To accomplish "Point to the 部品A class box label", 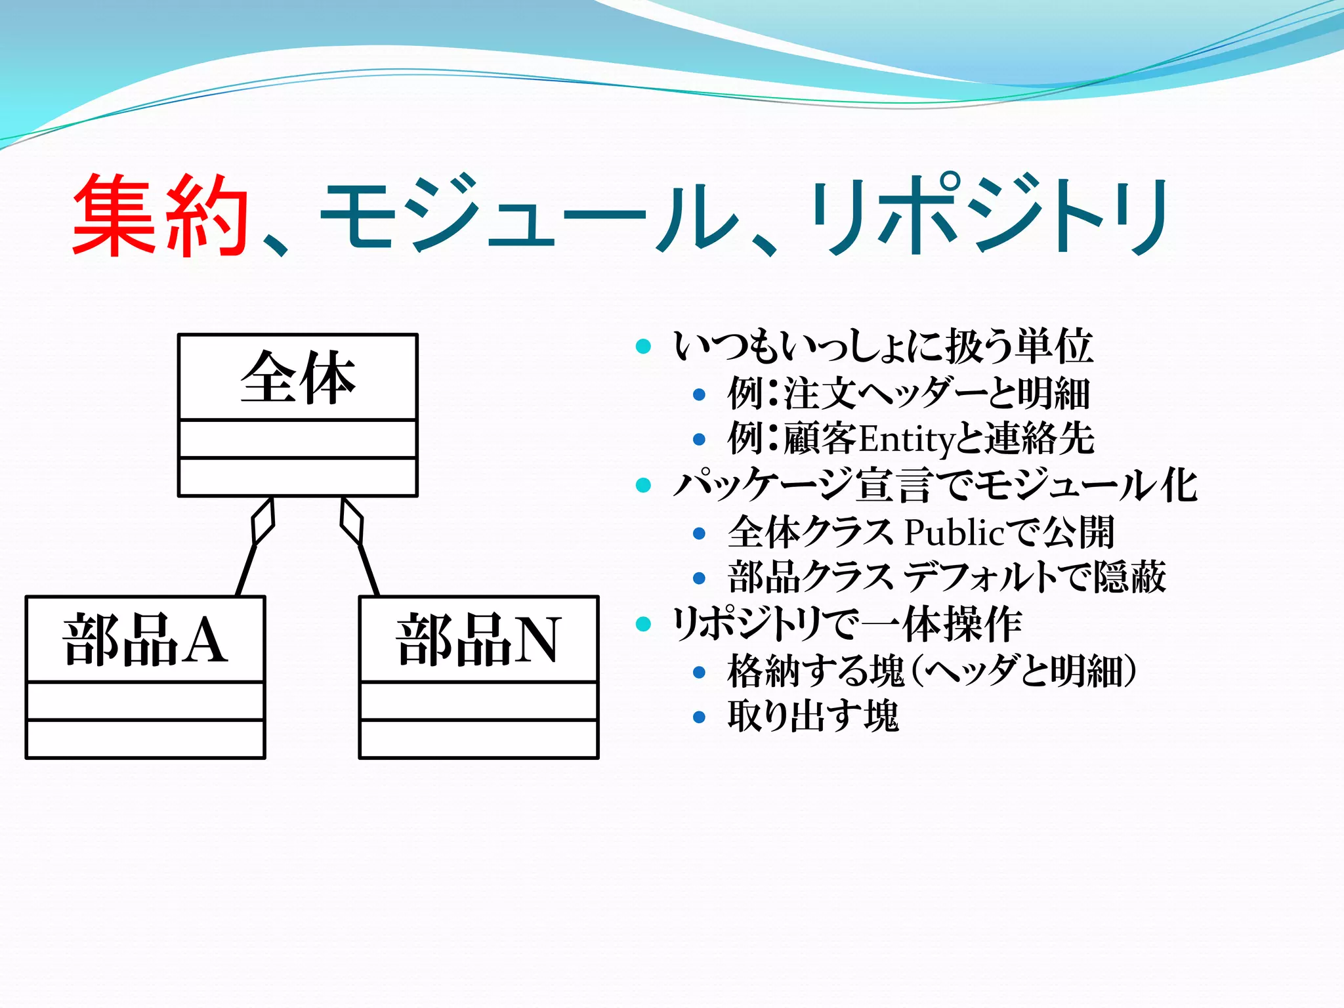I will [x=145, y=640].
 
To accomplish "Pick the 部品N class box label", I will [x=478, y=640].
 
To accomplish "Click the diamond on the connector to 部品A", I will [x=263, y=521].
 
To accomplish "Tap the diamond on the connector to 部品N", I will [x=351, y=521].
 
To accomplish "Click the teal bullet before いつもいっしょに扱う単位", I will [x=643, y=346].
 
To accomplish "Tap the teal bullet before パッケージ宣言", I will [x=643, y=486].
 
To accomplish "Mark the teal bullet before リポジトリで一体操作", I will [x=643, y=624].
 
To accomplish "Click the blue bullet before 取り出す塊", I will [x=699, y=717].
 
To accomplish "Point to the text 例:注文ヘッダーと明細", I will [x=909, y=393].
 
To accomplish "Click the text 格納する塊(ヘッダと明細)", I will [x=932, y=671].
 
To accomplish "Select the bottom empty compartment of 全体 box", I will [x=297, y=476].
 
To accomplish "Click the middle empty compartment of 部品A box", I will [x=145, y=702].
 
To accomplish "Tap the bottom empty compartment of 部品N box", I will [x=478, y=739].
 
